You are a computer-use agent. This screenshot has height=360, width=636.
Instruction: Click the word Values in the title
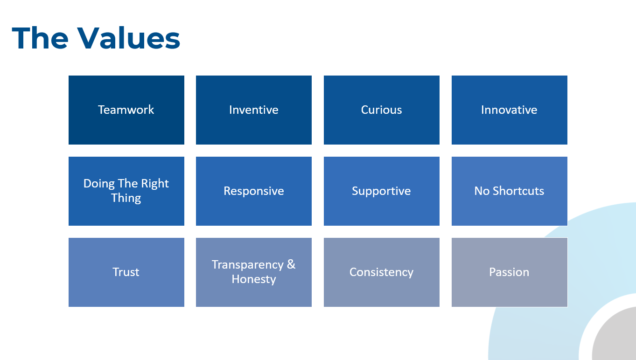point(129,38)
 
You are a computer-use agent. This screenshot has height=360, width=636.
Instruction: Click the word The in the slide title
point(40,38)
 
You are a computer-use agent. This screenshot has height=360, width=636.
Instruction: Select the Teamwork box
point(126,110)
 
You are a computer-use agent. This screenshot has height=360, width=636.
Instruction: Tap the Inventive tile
point(254,110)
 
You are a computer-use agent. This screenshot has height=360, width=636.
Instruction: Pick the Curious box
point(382,110)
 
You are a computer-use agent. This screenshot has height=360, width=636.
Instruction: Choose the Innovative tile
point(510,110)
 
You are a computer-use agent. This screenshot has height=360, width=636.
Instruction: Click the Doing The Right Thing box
point(126,191)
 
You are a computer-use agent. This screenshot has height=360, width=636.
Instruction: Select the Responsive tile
point(254,191)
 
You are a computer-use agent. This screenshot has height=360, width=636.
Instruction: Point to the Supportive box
point(382,191)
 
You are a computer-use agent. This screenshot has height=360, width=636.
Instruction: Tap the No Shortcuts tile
point(510,191)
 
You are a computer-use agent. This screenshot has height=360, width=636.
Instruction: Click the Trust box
point(126,272)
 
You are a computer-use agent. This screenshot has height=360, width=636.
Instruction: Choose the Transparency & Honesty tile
point(254,272)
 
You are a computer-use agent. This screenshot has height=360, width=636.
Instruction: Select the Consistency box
point(382,272)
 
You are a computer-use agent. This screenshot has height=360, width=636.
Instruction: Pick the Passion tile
point(510,272)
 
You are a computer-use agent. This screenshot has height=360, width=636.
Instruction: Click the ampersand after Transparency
point(291,264)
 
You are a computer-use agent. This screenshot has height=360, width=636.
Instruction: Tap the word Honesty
point(254,279)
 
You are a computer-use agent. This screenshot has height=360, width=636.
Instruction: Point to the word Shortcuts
point(518,191)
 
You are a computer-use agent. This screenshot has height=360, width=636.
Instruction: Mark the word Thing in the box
point(126,198)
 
